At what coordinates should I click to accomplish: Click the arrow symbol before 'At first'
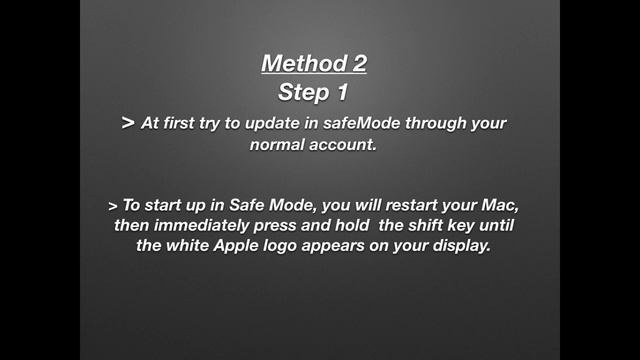127,123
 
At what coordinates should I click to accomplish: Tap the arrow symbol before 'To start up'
112,206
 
